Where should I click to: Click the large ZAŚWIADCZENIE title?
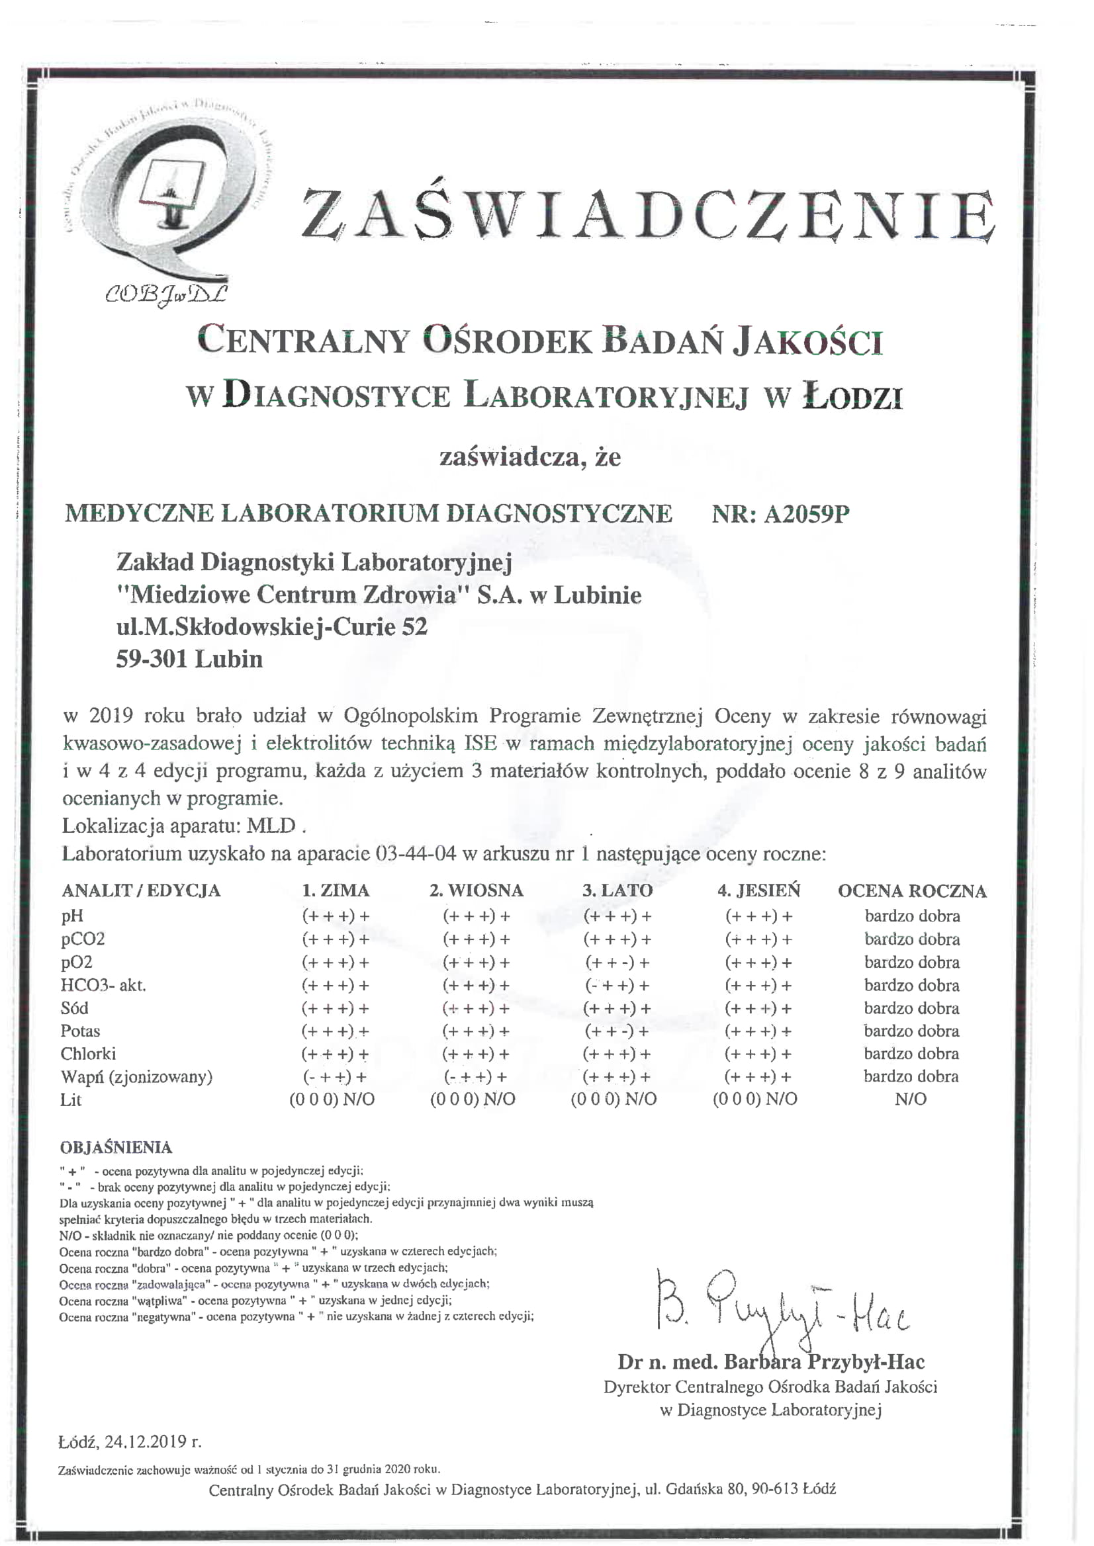point(648,214)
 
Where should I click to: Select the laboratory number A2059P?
point(806,515)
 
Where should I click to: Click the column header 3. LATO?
point(617,890)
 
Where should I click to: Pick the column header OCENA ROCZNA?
point(911,891)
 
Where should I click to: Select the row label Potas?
point(80,1031)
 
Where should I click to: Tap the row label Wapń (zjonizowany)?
point(137,1077)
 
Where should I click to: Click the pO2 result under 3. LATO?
point(617,963)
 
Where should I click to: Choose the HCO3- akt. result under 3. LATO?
point(617,985)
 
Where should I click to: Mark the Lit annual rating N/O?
point(911,1099)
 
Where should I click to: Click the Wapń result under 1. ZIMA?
point(335,1077)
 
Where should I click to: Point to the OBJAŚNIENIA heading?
point(116,1147)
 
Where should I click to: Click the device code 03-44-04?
point(418,854)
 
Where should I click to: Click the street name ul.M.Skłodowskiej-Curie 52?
point(271,627)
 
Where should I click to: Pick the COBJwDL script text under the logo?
point(165,294)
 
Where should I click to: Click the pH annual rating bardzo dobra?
point(912,916)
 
